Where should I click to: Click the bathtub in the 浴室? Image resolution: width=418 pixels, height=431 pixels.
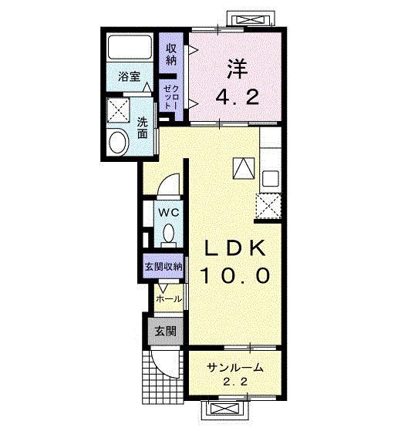coord(130,46)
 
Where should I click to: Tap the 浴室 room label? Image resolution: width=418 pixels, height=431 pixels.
coord(130,76)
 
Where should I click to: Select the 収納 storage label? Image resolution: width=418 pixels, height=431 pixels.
coord(171,55)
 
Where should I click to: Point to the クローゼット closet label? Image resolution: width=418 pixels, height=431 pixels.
coord(171,97)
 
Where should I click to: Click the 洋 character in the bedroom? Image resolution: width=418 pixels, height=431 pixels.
coord(237,69)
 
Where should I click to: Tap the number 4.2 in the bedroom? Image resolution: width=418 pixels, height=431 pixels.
coord(238,97)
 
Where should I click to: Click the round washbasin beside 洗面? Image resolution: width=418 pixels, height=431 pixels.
coord(119,142)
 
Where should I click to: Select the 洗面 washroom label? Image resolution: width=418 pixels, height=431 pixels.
coord(142,128)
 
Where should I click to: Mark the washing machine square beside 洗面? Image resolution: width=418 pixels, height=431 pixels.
coord(118,110)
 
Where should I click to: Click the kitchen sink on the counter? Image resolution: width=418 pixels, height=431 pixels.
coord(271,178)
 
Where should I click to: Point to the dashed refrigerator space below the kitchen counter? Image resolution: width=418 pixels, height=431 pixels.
coord(268,206)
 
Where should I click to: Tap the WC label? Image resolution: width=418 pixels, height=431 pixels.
coord(169,212)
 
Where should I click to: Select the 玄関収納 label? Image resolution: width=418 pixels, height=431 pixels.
coord(163,266)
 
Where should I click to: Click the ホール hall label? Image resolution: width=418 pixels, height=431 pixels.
coord(169,299)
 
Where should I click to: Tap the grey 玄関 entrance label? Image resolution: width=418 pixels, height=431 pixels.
coord(165,331)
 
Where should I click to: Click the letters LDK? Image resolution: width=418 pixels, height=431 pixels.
coord(234,248)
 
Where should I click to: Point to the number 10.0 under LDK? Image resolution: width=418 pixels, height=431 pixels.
coord(235,276)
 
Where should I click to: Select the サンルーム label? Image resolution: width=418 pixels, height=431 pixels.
coord(235,367)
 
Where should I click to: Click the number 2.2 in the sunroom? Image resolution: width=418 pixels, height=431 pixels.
coord(235,382)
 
